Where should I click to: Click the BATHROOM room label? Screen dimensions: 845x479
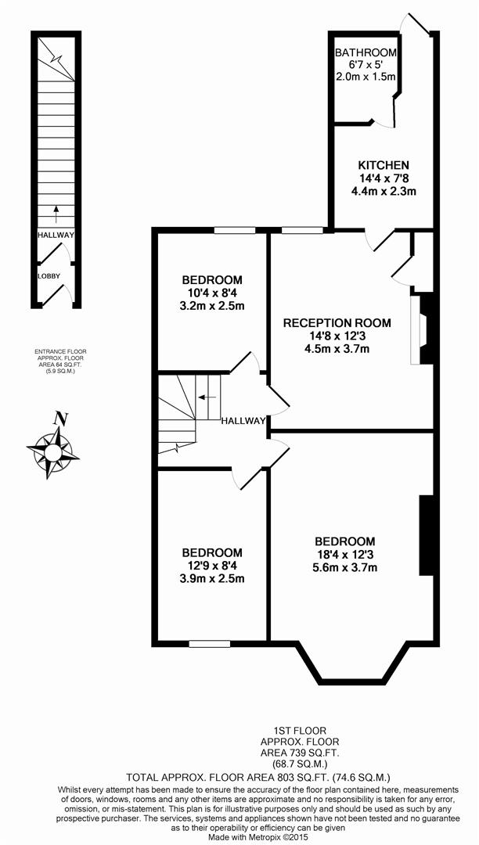pyautogui.click(x=366, y=52)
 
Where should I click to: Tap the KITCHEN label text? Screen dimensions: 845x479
pyautogui.click(x=384, y=165)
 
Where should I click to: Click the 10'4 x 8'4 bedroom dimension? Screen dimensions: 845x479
pyautogui.click(x=212, y=293)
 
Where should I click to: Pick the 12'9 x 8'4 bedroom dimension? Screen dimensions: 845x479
pyautogui.click(x=212, y=566)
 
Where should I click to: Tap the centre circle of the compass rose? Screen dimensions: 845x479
pyautogui.click(x=53, y=452)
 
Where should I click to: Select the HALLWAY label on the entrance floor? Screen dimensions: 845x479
pyautogui.click(x=56, y=235)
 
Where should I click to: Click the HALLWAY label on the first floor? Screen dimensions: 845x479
pyautogui.click(x=243, y=420)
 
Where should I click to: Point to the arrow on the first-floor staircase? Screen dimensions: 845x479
pyautogui.click(x=207, y=397)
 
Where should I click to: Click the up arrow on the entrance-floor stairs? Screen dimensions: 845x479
pyautogui.click(x=56, y=210)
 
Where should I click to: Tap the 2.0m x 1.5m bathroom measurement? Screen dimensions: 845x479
pyautogui.click(x=366, y=77)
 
